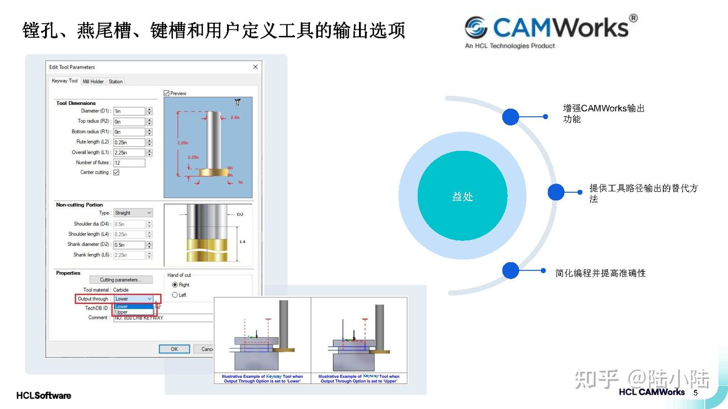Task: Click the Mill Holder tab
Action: [94, 81]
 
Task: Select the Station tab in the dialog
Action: [115, 81]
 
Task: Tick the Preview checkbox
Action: [166, 93]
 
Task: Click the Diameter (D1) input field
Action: [129, 111]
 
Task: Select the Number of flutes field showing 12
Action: [129, 163]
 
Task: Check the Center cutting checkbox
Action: [116, 173]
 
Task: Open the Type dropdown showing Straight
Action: [132, 213]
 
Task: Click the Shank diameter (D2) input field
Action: [129, 245]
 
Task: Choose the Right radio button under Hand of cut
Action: [175, 285]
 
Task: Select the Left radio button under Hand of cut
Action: [175, 295]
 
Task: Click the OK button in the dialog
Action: [174, 349]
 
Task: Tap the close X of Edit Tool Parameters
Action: [255, 67]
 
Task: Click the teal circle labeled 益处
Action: [462, 196]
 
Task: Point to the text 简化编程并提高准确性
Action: [600, 273]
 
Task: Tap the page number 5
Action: [695, 393]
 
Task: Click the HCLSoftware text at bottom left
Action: [44, 395]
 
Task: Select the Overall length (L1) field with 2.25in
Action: [129, 152]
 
